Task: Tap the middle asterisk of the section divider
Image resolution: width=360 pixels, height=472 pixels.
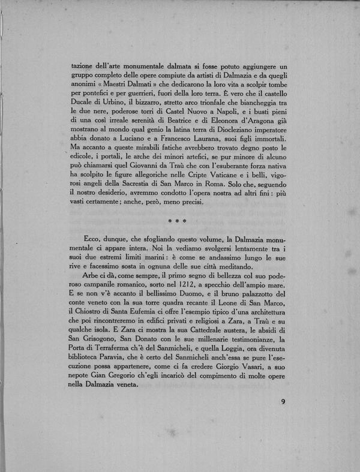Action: coord(179,221)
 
